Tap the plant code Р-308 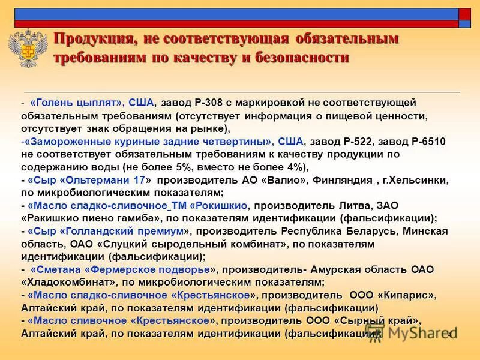point(209,103)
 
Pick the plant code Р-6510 point(429,142)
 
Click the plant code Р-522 point(358,142)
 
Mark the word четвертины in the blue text point(239,142)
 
